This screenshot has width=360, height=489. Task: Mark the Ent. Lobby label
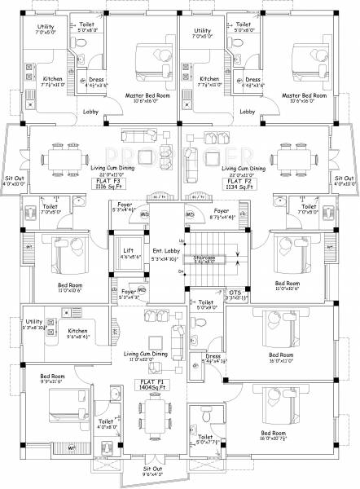[x=160, y=253]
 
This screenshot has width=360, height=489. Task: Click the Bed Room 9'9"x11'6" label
[x=53, y=377]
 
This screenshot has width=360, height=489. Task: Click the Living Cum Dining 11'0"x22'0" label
[x=147, y=357]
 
